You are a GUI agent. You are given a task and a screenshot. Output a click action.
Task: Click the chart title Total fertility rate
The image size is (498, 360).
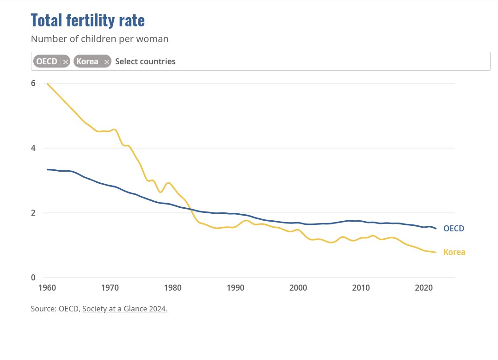pyautogui.click(x=87, y=21)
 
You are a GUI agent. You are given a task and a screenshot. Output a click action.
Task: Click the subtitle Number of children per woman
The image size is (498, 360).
pyautogui.click(x=99, y=39)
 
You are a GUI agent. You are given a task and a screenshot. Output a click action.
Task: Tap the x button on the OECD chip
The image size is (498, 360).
pyautogui.click(x=66, y=62)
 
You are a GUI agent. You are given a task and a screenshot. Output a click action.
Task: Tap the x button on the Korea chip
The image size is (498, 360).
pyautogui.click(x=107, y=62)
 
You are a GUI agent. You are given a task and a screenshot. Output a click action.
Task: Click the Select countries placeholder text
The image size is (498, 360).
pyautogui.click(x=145, y=62)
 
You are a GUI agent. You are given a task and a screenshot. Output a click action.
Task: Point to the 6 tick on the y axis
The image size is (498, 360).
pyautogui.click(x=33, y=83)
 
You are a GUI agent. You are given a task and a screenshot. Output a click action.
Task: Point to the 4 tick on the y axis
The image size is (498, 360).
pyautogui.click(x=33, y=148)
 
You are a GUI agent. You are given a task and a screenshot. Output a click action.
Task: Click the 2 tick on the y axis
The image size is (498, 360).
pyautogui.click(x=33, y=213)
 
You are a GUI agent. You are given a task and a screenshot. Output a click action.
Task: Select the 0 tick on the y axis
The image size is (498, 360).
pyautogui.click(x=33, y=278)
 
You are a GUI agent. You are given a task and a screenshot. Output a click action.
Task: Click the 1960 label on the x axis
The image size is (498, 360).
pyautogui.click(x=47, y=287)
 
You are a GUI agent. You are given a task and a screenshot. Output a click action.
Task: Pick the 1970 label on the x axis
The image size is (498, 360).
pyautogui.click(x=110, y=287)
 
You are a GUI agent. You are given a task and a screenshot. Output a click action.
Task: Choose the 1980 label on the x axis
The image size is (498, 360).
pyautogui.click(x=172, y=287)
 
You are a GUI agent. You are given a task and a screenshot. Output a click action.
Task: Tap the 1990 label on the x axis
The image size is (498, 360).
pyautogui.click(x=235, y=287)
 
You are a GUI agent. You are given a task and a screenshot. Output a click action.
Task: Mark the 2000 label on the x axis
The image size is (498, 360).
pyautogui.click(x=298, y=287)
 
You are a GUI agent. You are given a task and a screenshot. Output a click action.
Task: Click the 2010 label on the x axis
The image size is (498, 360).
pyautogui.click(x=361, y=287)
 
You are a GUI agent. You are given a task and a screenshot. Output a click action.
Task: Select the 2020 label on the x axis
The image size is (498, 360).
pyautogui.click(x=424, y=287)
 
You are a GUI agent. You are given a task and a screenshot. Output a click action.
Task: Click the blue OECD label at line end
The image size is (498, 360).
pyautogui.click(x=454, y=229)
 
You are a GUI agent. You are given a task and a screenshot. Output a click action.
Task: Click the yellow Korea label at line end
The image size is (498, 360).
pyautogui.click(x=454, y=252)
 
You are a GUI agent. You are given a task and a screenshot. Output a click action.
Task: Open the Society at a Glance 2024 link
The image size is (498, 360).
pyautogui.click(x=124, y=309)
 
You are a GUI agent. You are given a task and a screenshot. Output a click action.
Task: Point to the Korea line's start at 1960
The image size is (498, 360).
pyautogui.click(x=47, y=84)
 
